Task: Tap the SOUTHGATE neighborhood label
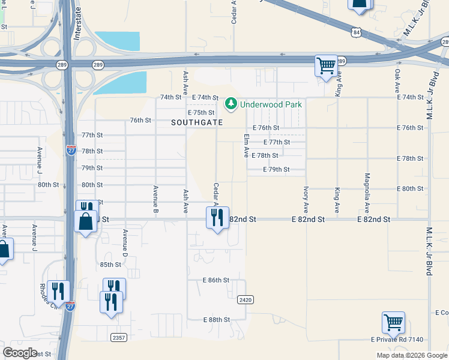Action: [x=197, y=122]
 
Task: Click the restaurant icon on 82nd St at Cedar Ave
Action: [x=217, y=217]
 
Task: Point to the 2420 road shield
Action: [x=245, y=299]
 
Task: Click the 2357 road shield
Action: [x=119, y=338]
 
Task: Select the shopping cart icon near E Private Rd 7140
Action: [x=393, y=322]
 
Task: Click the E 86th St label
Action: [x=216, y=280]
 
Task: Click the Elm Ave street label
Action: [x=246, y=146]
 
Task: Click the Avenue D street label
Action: [x=125, y=244]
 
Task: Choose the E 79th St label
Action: [x=277, y=170]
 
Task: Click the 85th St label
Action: [x=110, y=265]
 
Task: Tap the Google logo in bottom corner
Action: [x=20, y=352]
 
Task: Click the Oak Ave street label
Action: [x=397, y=80]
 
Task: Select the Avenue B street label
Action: [x=155, y=200]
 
